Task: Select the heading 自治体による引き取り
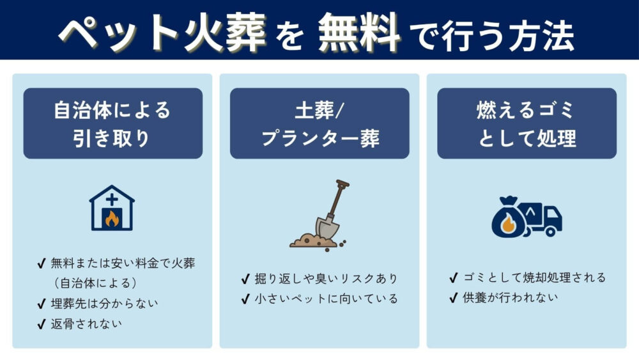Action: click(112, 123)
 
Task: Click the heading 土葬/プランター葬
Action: click(319, 123)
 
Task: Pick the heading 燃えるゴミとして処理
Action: click(527, 123)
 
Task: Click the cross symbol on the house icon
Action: click(112, 200)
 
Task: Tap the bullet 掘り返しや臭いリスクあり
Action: click(326, 278)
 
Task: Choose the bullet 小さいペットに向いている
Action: click(326, 299)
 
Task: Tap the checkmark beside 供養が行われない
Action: click(453, 297)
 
